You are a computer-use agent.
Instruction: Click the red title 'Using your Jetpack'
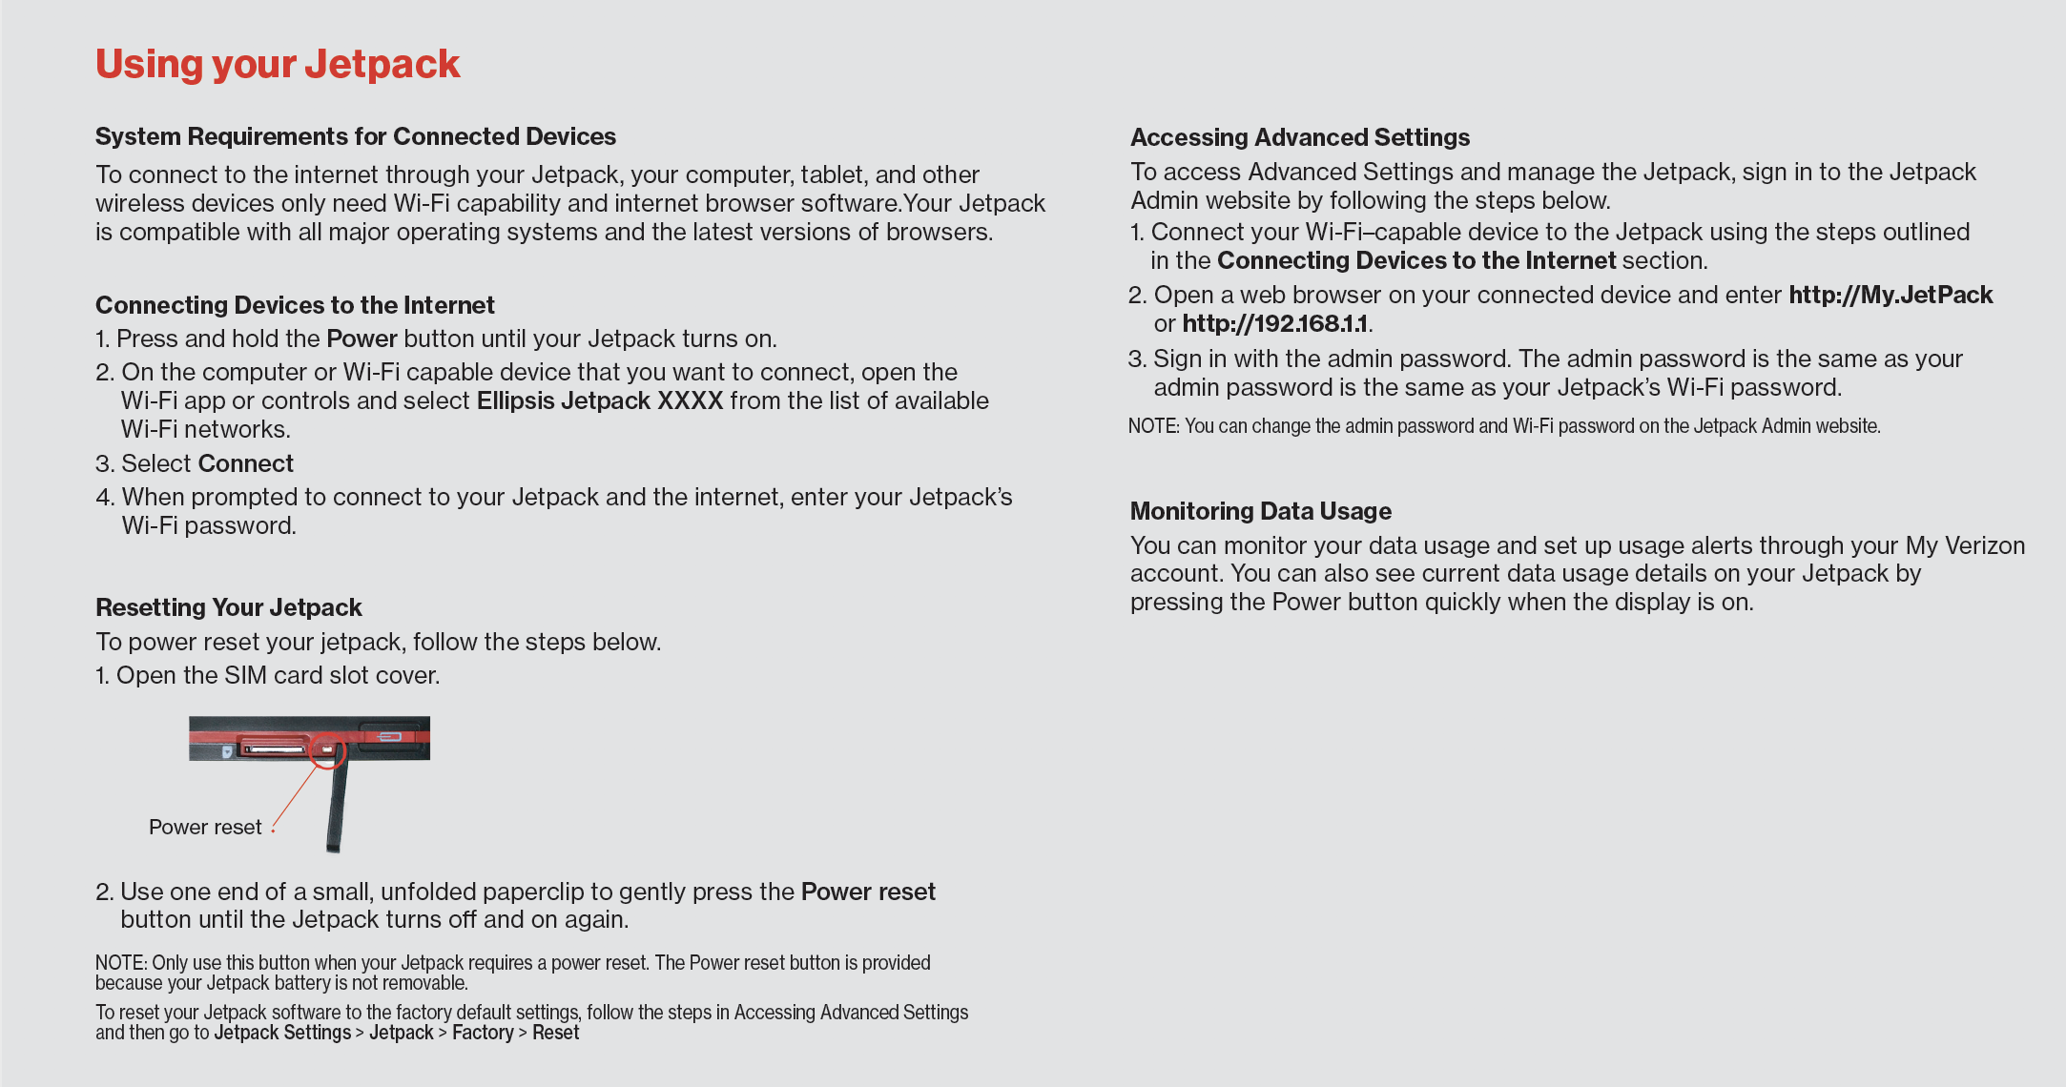[x=278, y=65]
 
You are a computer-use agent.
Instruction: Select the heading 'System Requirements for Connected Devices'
[x=355, y=136]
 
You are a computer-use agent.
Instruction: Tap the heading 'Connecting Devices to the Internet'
[x=295, y=305]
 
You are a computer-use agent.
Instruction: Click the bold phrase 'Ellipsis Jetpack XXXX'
[x=600, y=400]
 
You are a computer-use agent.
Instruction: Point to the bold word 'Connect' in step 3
[x=246, y=463]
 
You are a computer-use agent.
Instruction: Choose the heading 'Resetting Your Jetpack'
[x=229, y=607]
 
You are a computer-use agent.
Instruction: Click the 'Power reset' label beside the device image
[x=205, y=827]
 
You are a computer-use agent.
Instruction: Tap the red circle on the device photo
[x=328, y=749]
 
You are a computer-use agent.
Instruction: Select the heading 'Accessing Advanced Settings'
[x=1300, y=137]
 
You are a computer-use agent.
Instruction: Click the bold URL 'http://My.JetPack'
[x=1890, y=295]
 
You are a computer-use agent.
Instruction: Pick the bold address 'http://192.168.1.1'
[x=1275, y=323]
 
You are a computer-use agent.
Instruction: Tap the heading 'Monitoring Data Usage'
[x=1261, y=511]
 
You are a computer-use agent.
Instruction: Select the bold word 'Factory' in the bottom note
[x=483, y=1033]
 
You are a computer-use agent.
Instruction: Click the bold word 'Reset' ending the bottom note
[x=556, y=1033]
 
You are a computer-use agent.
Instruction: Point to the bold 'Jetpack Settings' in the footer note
[x=282, y=1033]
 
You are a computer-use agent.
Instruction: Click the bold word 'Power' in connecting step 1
[x=362, y=338]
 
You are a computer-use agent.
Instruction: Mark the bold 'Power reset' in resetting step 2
[x=868, y=892]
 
